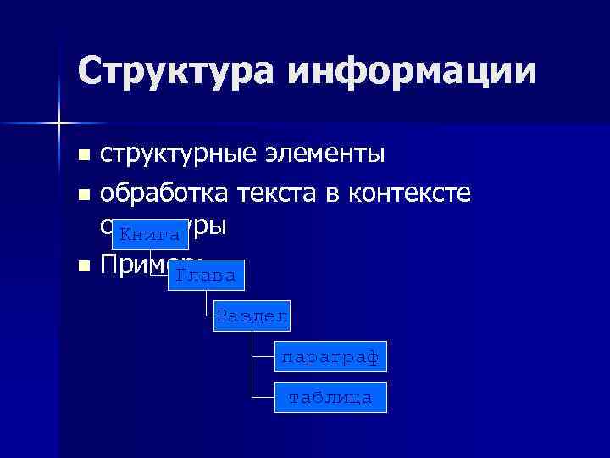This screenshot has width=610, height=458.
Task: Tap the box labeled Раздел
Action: tap(252, 316)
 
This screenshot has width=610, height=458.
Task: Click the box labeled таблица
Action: tap(330, 397)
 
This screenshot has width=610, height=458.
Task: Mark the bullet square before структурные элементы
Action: tap(82, 156)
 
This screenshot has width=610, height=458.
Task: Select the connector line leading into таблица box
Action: tap(263, 397)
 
